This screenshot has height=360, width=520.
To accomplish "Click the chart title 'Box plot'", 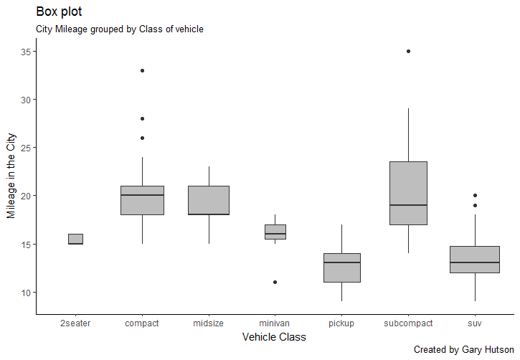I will point(59,12).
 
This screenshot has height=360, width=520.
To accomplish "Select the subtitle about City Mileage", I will point(120,29).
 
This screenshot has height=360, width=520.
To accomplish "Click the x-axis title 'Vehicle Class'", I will point(274,337).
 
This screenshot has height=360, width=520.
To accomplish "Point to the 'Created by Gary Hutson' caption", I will point(463,349).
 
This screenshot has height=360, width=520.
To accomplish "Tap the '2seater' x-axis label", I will point(75,323).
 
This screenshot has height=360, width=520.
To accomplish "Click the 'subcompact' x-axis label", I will point(408,323).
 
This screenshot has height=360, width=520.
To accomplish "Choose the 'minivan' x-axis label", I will point(275,323).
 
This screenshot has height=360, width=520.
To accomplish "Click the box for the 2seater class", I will point(75,239).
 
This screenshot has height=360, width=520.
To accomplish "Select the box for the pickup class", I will point(341,267).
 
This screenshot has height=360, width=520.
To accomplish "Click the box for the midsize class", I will point(209,200).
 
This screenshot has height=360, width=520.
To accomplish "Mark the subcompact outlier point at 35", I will point(408,51).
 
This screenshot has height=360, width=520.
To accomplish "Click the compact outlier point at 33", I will point(142,70).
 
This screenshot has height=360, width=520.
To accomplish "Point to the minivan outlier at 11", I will point(275,283).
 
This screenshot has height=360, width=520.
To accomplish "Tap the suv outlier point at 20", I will point(475,196).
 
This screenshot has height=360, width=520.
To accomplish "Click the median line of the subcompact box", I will point(408,205).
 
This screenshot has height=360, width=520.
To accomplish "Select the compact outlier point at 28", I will point(142,118).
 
